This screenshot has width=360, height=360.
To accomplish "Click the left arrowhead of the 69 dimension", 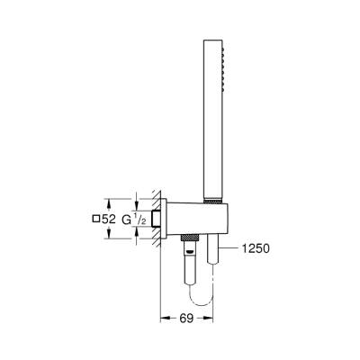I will (x=163, y=318).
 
